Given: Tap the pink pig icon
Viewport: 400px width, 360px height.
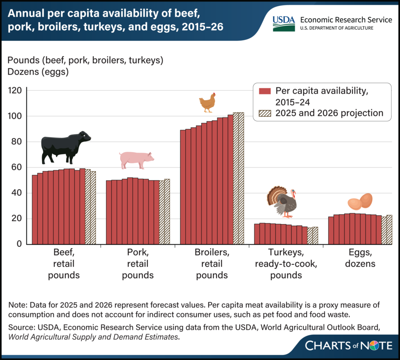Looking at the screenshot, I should click(136, 160).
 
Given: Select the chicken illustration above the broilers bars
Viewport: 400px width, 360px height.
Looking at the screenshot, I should click(207, 103).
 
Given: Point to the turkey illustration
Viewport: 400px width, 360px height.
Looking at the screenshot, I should click(282, 201).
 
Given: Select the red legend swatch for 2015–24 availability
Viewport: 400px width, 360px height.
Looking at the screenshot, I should click(265, 91).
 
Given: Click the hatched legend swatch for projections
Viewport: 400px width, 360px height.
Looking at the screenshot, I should click(265, 113).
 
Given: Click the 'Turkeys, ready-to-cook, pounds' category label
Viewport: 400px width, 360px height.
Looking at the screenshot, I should click(280, 264).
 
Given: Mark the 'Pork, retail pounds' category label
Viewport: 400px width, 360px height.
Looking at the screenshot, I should click(137, 264).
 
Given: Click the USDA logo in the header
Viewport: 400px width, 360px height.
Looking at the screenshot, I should click(283, 24).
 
